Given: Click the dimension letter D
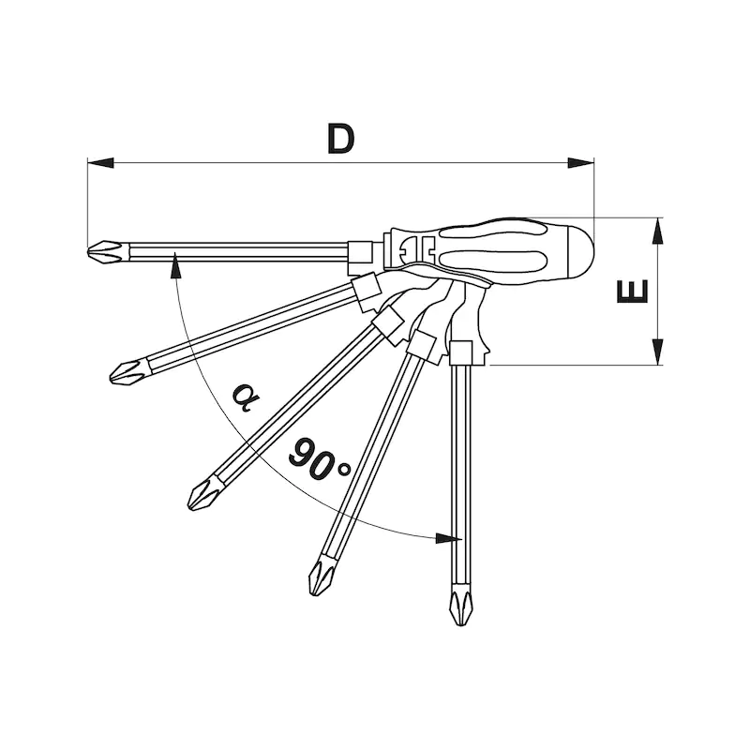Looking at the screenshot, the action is tap(341, 139).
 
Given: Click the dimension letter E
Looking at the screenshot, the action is tap(632, 292).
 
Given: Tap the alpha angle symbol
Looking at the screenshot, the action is tap(246, 397).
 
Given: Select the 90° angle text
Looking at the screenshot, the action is tap(320, 459).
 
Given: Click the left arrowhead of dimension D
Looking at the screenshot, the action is tap(100, 162).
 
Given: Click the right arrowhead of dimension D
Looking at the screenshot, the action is tap(580, 162).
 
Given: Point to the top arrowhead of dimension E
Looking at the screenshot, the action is tap(658, 231).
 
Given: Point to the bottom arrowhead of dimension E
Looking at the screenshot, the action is tap(658, 352).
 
